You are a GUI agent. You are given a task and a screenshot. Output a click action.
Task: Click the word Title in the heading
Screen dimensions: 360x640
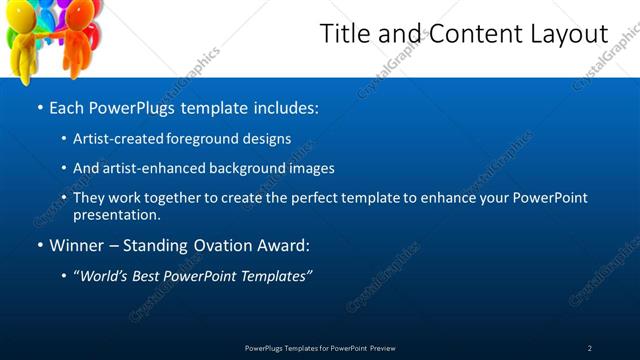pyautogui.click(x=342, y=34)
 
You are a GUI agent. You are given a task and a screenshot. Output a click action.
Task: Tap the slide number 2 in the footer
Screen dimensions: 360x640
pyautogui.click(x=590, y=348)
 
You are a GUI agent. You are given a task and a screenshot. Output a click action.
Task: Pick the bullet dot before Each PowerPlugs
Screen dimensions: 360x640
pyautogui.click(x=39, y=106)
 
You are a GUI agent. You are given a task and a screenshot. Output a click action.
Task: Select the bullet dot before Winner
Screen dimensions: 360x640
pyautogui.click(x=39, y=245)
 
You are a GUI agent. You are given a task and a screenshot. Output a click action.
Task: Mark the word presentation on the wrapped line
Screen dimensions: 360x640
pyautogui.click(x=116, y=214)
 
